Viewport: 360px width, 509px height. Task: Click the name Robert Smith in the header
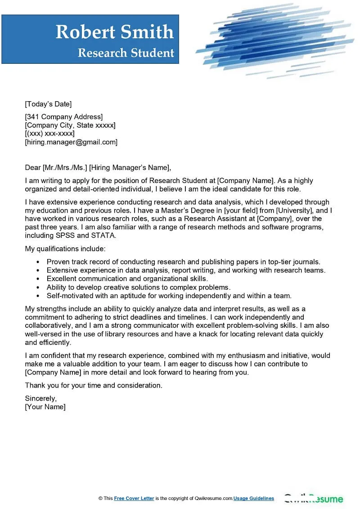pyautogui.click(x=114, y=32)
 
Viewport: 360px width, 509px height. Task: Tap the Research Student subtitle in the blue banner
pyautogui.click(x=126, y=53)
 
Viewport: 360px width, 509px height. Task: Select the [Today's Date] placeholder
pyautogui.click(x=48, y=104)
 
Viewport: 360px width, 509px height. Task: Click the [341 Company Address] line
pyautogui.click(x=63, y=117)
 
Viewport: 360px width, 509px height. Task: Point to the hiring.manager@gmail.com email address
pyautogui.click(x=71, y=142)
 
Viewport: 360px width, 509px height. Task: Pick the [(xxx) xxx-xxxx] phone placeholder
pyautogui.click(x=49, y=134)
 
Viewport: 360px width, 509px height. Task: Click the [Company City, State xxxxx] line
pyautogui.click(x=70, y=125)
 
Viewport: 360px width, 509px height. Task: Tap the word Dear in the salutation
pyautogui.click(x=33, y=168)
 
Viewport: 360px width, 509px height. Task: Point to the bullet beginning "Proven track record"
pyautogui.click(x=183, y=262)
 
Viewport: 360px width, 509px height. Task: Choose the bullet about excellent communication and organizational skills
pyautogui.click(x=127, y=279)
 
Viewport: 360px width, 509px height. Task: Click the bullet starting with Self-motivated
pyautogui.click(x=169, y=296)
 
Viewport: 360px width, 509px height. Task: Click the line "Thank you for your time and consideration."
pyautogui.click(x=94, y=385)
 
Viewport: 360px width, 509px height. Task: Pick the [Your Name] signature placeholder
pyautogui.click(x=45, y=407)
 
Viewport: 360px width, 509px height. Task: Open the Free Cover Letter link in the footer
pyautogui.click(x=134, y=499)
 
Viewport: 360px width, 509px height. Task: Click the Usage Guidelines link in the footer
pyautogui.click(x=254, y=499)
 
